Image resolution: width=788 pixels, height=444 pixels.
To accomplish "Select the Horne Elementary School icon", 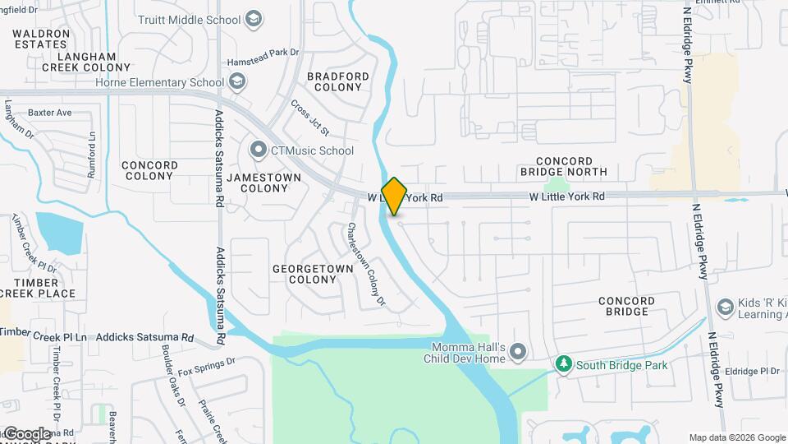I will [237, 81].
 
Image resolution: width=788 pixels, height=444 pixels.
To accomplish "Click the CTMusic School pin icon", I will [259, 150].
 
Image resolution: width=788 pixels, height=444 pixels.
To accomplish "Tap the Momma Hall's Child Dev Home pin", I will [517, 353].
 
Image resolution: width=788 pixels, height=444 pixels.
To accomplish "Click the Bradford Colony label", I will [337, 81].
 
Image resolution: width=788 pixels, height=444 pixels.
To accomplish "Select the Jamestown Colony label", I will [258, 182].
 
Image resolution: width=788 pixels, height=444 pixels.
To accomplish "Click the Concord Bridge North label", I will [563, 166].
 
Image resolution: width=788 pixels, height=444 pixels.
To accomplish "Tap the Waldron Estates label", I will [40, 39].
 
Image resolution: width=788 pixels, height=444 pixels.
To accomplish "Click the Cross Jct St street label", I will [309, 118].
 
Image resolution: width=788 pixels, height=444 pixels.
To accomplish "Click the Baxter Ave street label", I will [50, 113].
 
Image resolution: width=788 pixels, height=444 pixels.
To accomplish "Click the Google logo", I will [27, 433].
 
